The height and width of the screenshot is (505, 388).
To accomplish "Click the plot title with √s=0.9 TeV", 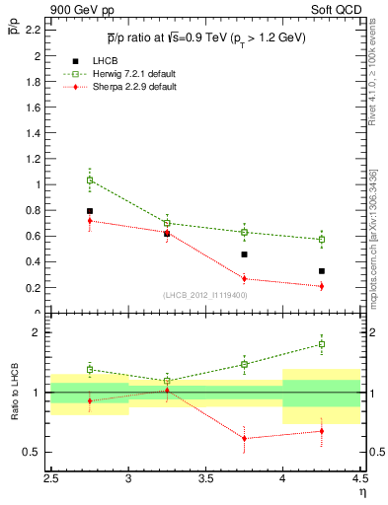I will (x=205, y=37).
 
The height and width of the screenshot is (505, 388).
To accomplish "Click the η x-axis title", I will (x=361, y=492).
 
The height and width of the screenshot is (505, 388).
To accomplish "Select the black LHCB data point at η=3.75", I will (x=244, y=254).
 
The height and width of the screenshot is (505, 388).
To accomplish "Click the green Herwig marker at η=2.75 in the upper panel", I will (x=90, y=180).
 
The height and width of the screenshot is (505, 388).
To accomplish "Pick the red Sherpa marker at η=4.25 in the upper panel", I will (x=321, y=286).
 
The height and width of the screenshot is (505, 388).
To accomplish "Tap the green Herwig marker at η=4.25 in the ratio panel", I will (x=321, y=344).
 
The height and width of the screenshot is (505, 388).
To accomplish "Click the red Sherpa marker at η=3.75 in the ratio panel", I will (x=244, y=438).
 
